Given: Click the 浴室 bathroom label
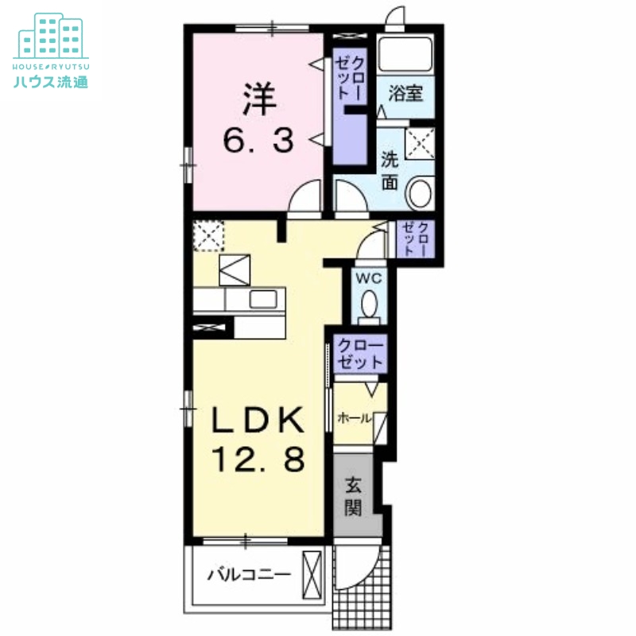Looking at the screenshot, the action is [x=405, y=93].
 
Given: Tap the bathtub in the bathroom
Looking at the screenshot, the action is [x=405, y=54].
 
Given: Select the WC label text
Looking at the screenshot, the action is [x=369, y=279].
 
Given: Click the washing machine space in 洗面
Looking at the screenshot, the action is [x=420, y=143].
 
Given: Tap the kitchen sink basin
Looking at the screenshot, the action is [x=263, y=300].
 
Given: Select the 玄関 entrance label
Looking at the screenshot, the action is [x=353, y=496].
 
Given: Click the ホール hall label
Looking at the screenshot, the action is [x=354, y=418].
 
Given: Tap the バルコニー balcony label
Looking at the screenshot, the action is [x=249, y=574].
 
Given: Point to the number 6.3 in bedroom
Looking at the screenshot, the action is [x=258, y=140].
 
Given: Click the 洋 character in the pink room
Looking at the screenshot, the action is [x=260, y=99].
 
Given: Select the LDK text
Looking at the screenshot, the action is [x=258, y=420].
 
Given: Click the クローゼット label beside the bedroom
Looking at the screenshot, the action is [x=350, y=78].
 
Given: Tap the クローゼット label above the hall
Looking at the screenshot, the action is [x=360, y=354].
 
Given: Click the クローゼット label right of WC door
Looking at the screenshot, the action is [x=414, y=239].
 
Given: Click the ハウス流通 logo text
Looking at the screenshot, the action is [x=51, y=82].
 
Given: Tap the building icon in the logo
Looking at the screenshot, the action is [x=51, y=36].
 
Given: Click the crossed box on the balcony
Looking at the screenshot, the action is [x=312, y=575].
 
